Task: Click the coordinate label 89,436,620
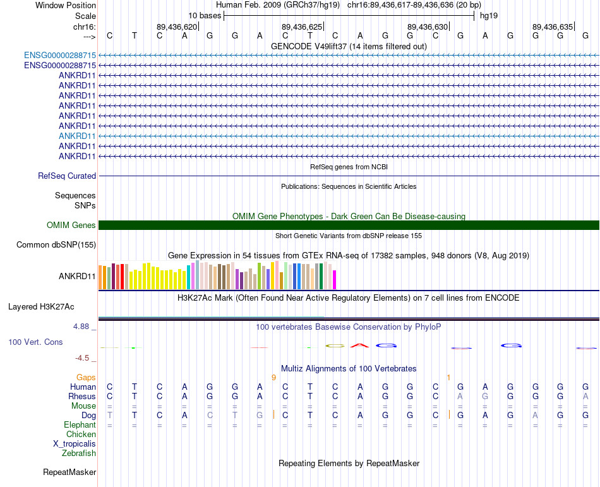(177, 27)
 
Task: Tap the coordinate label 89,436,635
(553, 27)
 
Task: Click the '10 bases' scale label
(204, 15)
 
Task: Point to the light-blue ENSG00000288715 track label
(60, 55)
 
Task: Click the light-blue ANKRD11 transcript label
(77, 136)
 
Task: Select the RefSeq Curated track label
(67, 176)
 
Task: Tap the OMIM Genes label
(71, 225)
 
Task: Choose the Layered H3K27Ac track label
(41, 307)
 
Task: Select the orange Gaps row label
(86, 377)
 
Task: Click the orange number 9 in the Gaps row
(273, 377)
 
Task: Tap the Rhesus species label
(82, 396)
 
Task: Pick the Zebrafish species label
(79, 453)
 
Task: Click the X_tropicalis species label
(75, 443)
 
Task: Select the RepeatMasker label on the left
(69, 472)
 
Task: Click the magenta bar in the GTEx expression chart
(335, 279)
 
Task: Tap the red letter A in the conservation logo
(359, 346)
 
